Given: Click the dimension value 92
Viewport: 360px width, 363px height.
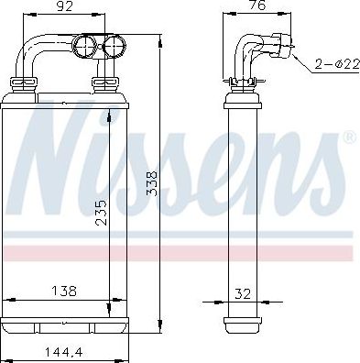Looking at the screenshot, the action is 65,6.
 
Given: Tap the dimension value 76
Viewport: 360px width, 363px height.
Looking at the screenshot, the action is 258,5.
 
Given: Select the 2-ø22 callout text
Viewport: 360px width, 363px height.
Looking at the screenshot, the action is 337,64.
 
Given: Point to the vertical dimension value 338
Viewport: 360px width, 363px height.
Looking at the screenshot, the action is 152,183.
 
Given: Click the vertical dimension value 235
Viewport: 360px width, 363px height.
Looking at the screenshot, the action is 101,213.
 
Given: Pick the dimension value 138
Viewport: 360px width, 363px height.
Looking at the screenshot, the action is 64,291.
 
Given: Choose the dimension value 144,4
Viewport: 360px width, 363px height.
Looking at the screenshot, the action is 64,353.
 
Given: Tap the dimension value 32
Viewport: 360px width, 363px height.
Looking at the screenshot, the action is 243,294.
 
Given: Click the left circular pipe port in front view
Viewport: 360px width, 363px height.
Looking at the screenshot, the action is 84,46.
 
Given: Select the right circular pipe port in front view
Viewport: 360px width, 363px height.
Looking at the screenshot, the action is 115,46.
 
